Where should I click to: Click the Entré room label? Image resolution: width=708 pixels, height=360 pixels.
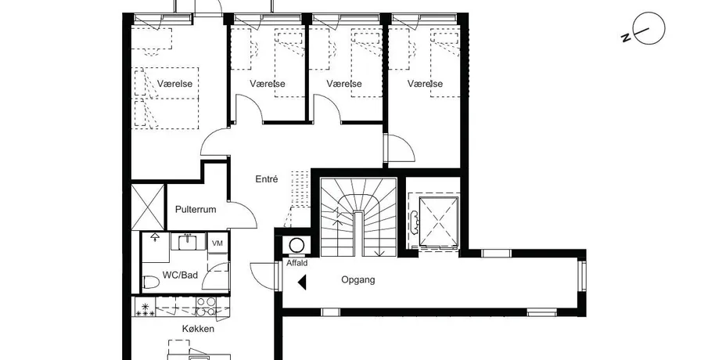(267, 179)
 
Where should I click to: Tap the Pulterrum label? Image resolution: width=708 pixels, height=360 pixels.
(196, 210)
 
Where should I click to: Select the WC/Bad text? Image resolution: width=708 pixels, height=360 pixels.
(180, 275)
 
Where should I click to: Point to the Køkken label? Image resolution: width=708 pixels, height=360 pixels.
(198, 329)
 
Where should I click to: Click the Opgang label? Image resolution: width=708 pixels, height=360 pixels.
(358, 280)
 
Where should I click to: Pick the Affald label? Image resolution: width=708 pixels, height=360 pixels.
(296, 263)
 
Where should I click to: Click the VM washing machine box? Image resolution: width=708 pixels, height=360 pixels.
(217, 243)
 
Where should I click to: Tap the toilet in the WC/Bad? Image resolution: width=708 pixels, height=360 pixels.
(151, 283)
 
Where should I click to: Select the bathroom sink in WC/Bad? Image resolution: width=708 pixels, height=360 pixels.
(186, 243)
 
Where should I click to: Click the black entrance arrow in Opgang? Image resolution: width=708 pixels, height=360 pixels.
(302, 282)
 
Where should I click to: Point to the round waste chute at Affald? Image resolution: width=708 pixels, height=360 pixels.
(296, 246)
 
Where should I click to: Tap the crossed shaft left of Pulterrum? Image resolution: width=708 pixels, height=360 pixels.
(148, 207)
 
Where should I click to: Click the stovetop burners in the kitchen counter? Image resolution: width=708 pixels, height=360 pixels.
(206, 306)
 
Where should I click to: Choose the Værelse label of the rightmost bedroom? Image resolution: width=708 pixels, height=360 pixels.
(425, 84)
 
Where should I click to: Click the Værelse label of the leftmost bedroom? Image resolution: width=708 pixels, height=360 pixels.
(174, 84)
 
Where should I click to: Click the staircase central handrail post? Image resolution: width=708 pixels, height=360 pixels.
(358, 233)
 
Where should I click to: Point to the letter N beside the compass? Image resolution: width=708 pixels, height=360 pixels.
(627, 38)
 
